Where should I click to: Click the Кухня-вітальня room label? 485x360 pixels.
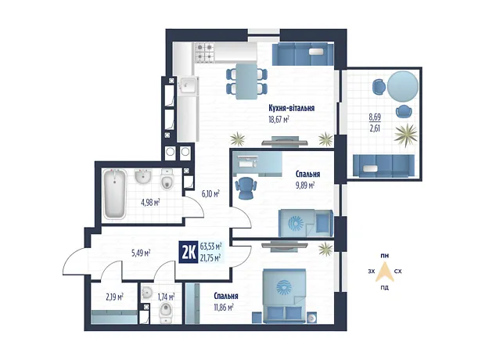coord(291,108)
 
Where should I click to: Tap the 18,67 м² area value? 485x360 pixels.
coord(278,120)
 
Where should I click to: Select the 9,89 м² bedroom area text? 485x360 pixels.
coord(305,185)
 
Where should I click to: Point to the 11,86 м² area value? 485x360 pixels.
coord(224,307)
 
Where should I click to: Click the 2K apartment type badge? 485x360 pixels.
coord(189,252)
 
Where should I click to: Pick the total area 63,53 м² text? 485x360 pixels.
coord(210,247)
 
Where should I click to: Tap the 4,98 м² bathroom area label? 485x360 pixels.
coord(150,203)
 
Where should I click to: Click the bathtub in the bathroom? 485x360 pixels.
coord(115,194)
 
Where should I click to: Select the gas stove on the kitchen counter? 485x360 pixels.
coord(204,52)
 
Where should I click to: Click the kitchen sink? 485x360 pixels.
coord(188,85)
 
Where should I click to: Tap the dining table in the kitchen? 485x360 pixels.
coord(246,81)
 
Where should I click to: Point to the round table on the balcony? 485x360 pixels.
coord(403,87)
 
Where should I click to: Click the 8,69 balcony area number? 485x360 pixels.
coord(375,117)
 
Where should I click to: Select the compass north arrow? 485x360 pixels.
coord(384,272)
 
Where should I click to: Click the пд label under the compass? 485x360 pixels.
coord(384,287)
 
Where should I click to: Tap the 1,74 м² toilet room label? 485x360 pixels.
coord(166,297)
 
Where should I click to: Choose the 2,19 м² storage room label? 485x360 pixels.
coord(114,297)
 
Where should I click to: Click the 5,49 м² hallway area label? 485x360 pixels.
coord(141,254)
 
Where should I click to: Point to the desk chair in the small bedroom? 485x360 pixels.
coord(246,188)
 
